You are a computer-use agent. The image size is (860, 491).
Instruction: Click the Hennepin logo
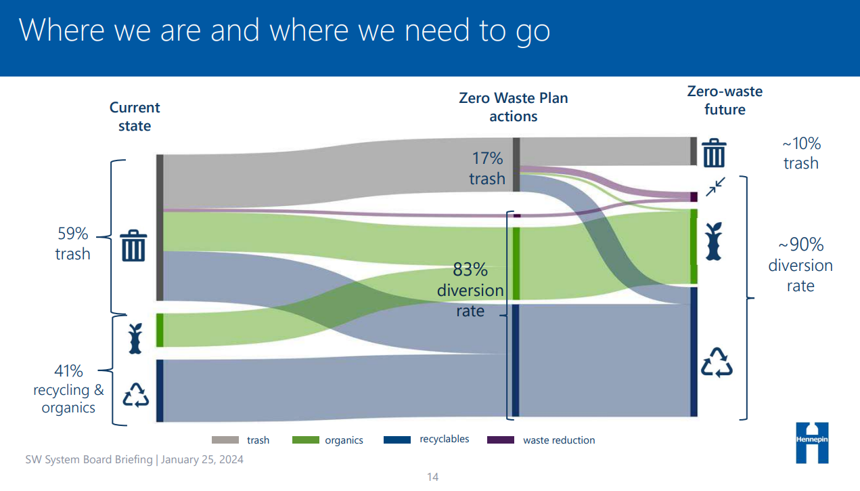click(812, 443)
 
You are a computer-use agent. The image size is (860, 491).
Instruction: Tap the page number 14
click(432, 477)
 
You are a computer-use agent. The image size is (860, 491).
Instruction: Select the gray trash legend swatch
click(225, 440)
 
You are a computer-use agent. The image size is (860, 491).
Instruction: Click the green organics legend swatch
click(306, 440)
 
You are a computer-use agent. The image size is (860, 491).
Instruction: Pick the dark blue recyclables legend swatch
click(397, 440)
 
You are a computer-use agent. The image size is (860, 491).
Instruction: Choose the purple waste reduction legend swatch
click(501, 440)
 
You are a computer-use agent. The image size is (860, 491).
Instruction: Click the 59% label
click(72, 234)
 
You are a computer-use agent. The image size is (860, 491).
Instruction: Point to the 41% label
click(68, 370)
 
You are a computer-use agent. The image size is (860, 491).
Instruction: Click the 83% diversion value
click(470, 270)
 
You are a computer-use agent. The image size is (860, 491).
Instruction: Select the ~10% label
click(802, 144)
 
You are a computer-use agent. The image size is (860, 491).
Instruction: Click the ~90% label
click(801, 244)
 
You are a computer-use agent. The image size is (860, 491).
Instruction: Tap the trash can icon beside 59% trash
click(133, 245)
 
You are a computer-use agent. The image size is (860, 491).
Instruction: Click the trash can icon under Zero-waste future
click(714, 153)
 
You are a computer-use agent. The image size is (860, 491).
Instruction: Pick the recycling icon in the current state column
click(135, 395)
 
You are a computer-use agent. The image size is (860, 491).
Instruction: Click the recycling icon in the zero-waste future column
click(717, 363)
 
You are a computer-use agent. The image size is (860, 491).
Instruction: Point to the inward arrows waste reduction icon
click(716, 186)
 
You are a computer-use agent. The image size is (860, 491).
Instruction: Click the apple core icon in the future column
click(714, 241)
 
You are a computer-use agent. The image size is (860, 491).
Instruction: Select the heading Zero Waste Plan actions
click(514, 107)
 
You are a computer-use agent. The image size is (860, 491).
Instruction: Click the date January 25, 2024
click(202, 459)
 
